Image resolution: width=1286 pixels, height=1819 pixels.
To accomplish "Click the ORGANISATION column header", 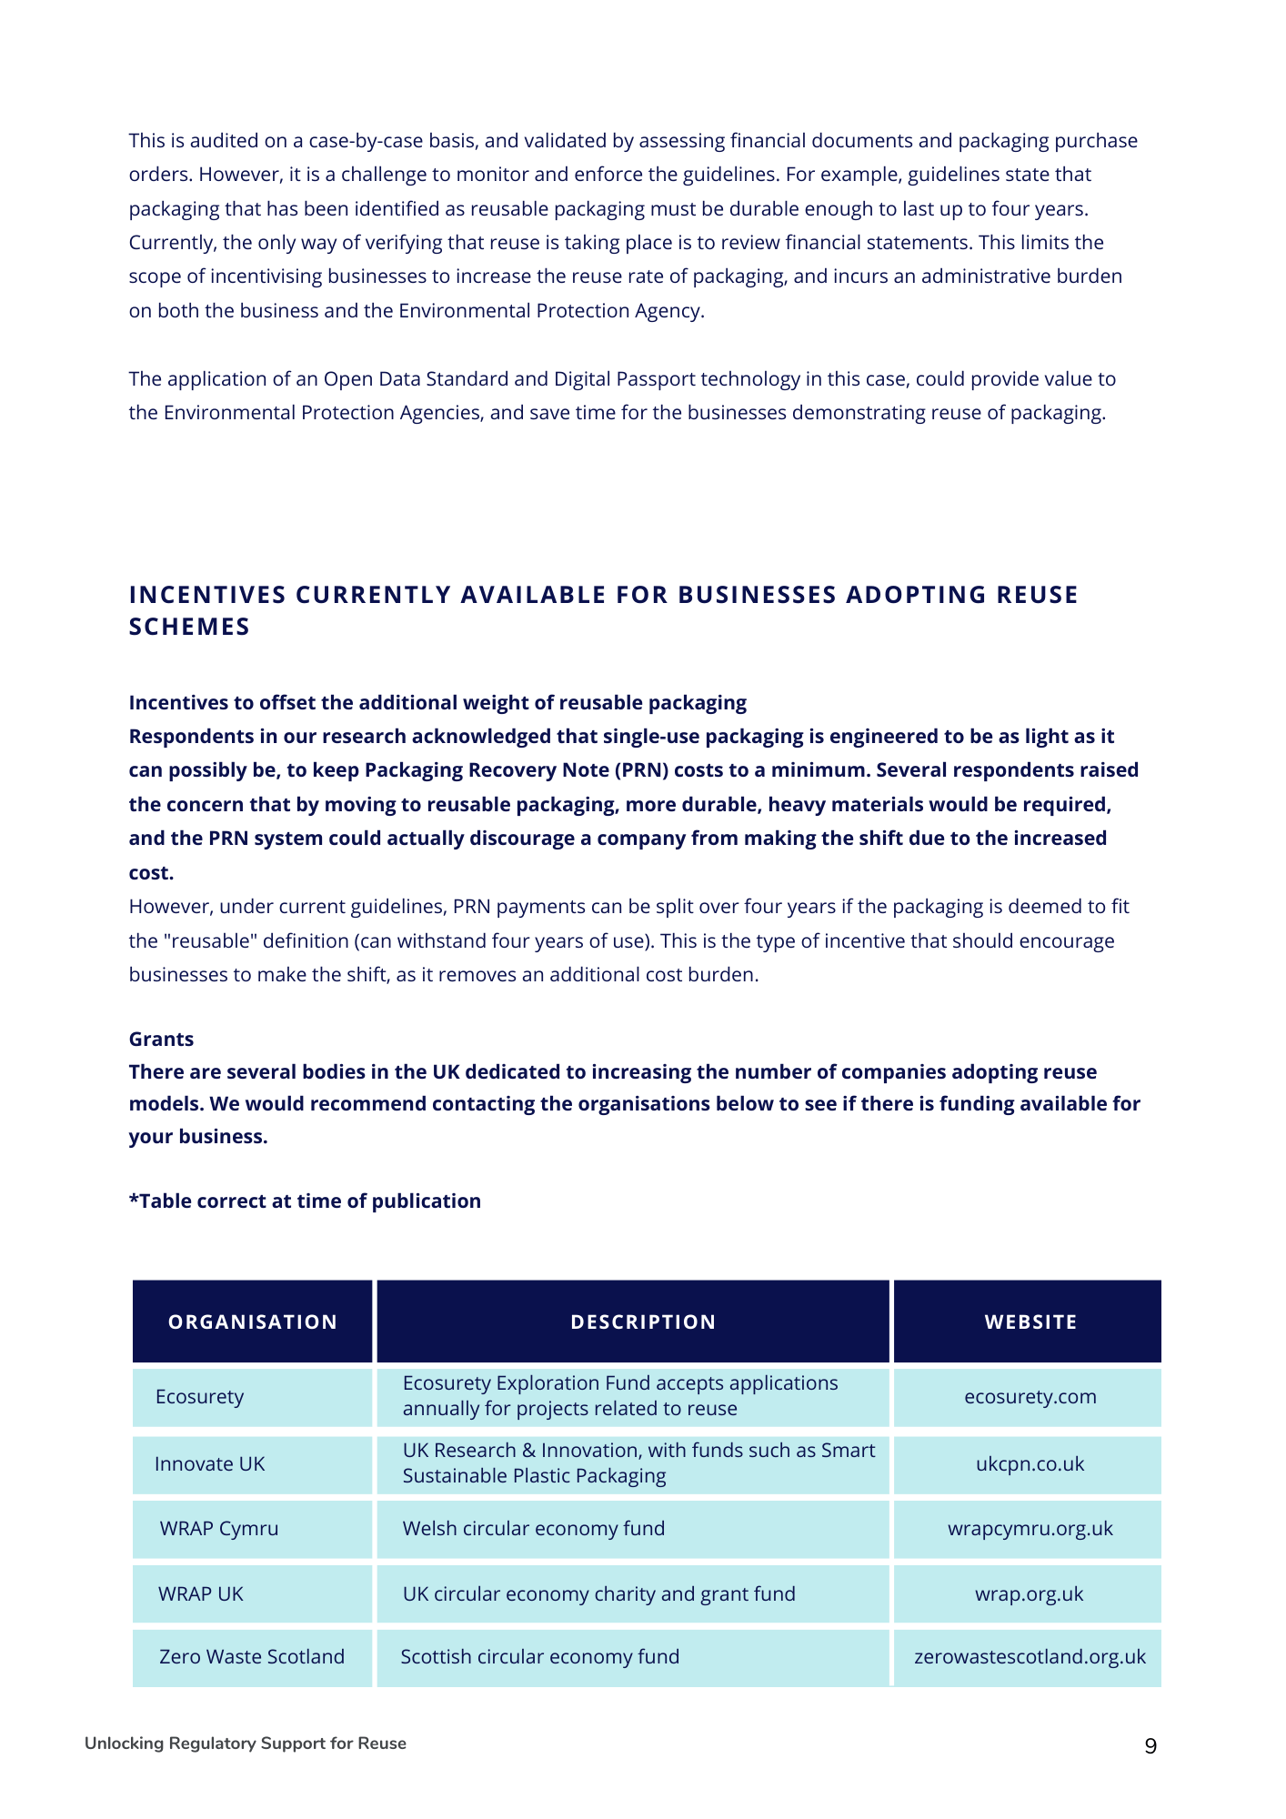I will pyautogui.click(x=252, y=1322).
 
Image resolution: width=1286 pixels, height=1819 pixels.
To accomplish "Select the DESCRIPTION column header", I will pyautogui.click(x=643, y=1322).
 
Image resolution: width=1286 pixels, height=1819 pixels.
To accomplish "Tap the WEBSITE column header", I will pyautogui.click(x=1030, y=1322).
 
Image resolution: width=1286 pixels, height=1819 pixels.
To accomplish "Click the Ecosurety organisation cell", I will pyautogui.click(x=200, y=1396).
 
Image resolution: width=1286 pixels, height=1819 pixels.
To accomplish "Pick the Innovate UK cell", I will pyautogui.click(x=210, y=1463).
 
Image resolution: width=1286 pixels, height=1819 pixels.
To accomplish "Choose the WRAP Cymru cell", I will pyautogui.click(x=219, y=1528).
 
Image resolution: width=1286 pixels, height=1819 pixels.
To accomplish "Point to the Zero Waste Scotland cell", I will pyautogui.click(x=252, y=1656).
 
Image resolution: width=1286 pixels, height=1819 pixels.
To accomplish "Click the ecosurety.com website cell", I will pyautogui.click(x=1030, y=1396).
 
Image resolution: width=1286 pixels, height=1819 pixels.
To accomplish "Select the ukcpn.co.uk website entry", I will pyautogui.click(x=1030, y=1463).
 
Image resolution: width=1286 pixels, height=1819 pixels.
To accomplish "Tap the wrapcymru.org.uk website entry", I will pyautogui.click(x=1030, y=1528).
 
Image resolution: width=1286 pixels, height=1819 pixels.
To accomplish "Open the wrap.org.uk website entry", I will pyautogui.click(x=1030, y=1593).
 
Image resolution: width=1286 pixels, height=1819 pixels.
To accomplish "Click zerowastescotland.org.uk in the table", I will pyautogui.click(x=1030, y=1656).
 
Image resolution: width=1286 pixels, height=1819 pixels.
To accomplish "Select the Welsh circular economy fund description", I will pyautogui.click(x=534, y=1528).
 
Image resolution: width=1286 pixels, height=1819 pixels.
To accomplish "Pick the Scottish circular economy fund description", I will pyautogui.click(x=540, y=1656).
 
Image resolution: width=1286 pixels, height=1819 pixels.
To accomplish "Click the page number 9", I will pyautogui.click(x=1150, y=1746).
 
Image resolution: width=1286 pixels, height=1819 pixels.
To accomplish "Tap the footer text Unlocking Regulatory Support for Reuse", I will pyautogui.click(x=246, y=1744).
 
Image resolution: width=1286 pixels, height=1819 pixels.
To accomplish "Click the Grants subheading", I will pyautogui.click(x=161, y=1039).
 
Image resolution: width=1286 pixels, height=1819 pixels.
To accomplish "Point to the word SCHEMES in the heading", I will pyautogui.click(x=189, y=627).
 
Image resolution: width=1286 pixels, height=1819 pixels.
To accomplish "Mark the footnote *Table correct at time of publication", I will pyautogui.click(x=305, y=1201).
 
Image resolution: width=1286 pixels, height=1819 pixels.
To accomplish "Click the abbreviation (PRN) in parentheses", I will pyautogui.click(x=644, y=770).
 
